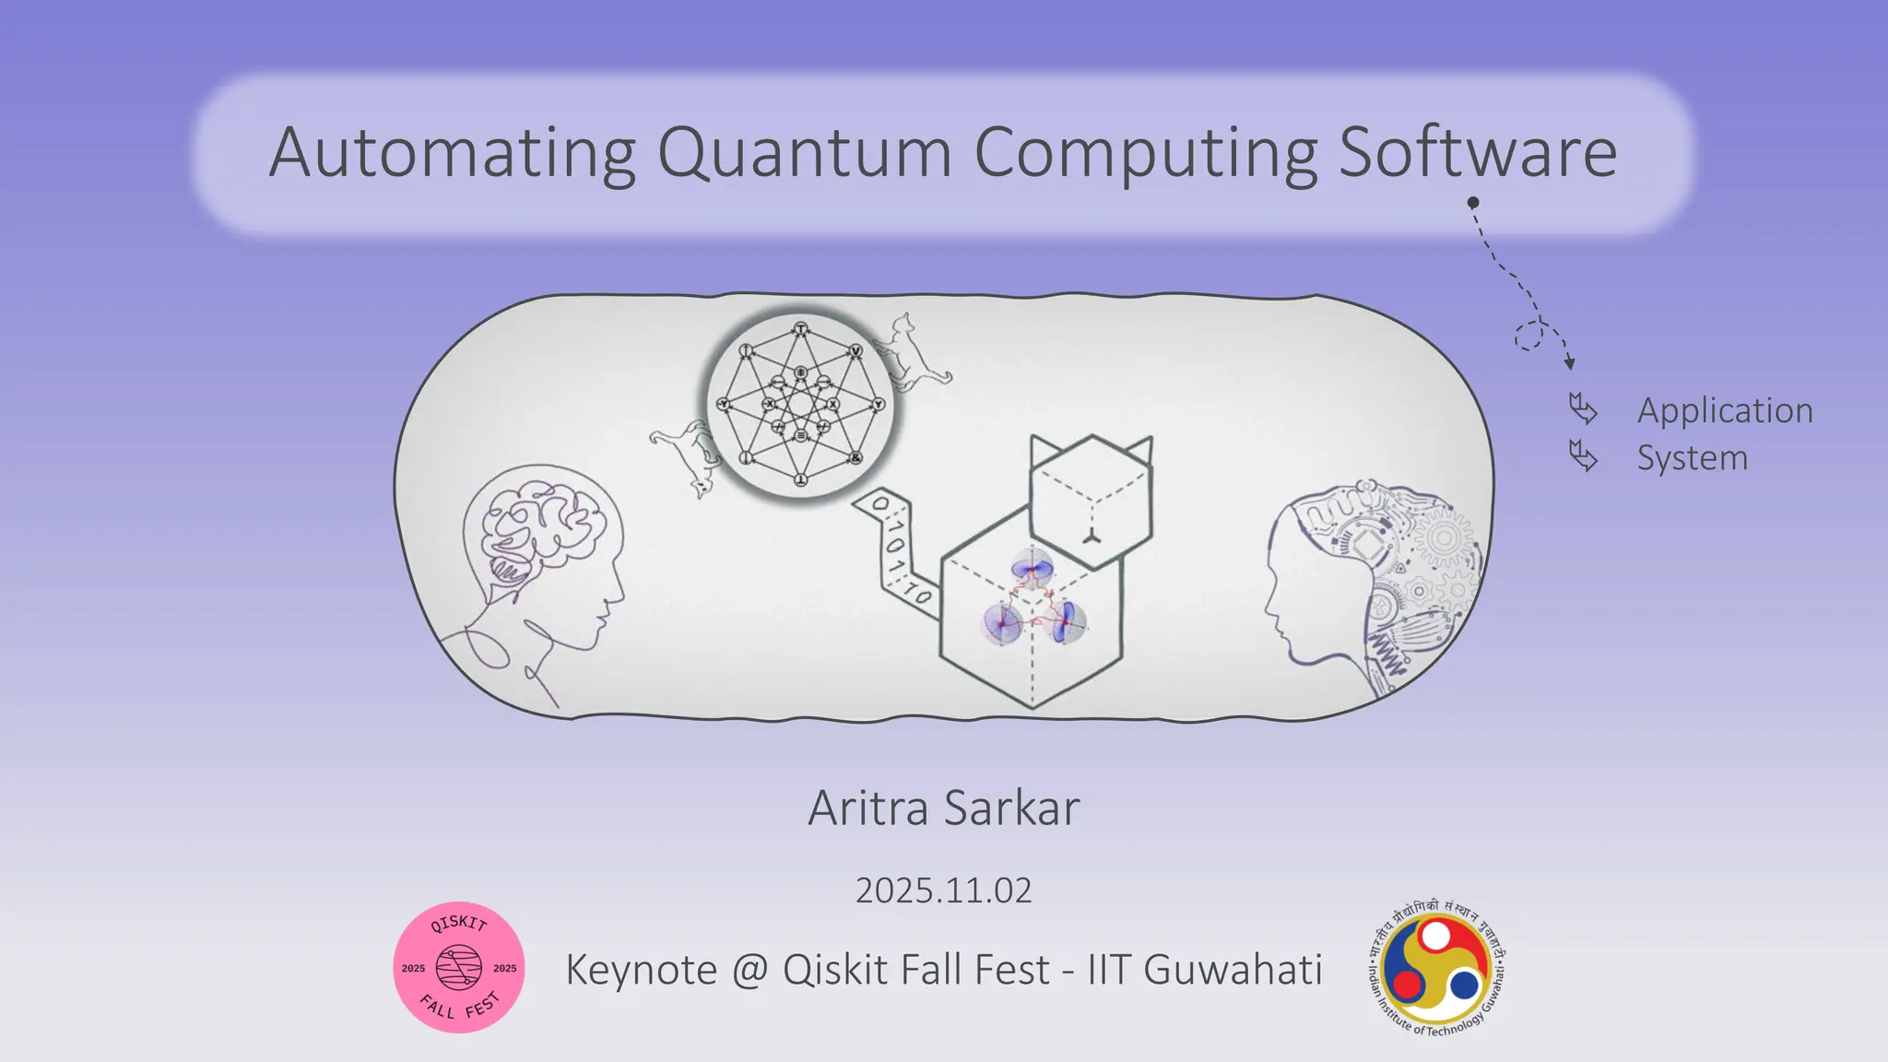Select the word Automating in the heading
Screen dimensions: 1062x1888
tap(453, 153)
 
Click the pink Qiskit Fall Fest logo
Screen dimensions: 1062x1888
tap(459, 967)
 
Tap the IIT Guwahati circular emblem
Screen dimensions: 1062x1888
tap(1436, 968)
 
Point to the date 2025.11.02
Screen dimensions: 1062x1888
tap(943, 891)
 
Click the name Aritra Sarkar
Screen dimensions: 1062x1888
tap(943, 808)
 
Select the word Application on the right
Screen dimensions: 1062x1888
tap(1724, 410)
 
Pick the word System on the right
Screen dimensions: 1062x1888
tap(1692, 458)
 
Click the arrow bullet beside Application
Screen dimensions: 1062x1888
tap(1583, 408)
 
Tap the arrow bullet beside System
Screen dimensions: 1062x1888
tap(1583, 455)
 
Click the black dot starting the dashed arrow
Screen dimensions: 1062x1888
tap(1473, 202)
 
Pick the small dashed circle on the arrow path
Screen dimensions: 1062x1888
tap(1528, 336)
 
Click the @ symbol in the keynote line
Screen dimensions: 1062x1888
tap(749, 970)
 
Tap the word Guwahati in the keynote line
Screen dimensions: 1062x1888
tap(1233, 970)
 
